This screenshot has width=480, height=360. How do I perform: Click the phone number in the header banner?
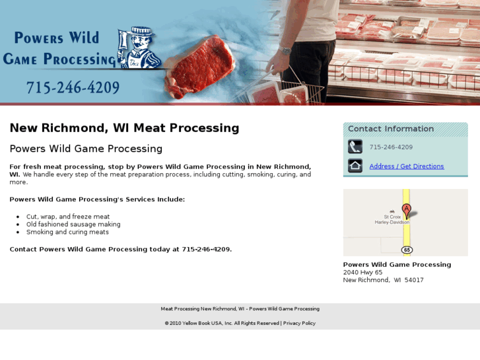[73, 88]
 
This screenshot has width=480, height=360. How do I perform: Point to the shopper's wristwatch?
[285, 51]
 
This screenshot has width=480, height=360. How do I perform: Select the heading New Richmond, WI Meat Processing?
[124, 128]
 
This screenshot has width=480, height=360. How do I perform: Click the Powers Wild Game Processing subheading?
[86, 149]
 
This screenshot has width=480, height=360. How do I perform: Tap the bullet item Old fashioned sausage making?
[73, 225]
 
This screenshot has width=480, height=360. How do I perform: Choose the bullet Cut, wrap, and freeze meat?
[68, 217]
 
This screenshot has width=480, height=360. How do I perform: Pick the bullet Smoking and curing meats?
[67, 233]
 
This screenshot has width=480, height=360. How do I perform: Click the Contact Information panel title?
[391, 129]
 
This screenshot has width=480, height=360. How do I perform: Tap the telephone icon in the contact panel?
[355, 147]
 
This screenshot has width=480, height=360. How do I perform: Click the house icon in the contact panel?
[355, 166]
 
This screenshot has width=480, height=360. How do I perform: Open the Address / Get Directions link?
[407, 166]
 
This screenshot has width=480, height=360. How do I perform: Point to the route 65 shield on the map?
[407, 250]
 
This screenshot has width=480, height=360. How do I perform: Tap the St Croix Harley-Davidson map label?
[392, 219]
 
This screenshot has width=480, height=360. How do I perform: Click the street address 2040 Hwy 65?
[362, 272]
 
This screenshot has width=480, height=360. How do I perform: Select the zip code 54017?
[414, 280]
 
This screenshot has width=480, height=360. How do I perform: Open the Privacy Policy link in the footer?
[299, 323]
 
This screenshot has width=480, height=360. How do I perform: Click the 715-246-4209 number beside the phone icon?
[391, 147]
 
